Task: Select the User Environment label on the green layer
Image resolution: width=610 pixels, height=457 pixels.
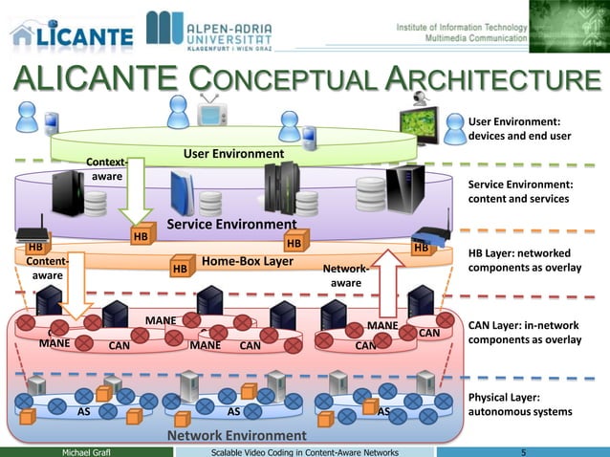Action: pos(233,153)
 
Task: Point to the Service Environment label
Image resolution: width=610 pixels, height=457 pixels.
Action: pos(231,225)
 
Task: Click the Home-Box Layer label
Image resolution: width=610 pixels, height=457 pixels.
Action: pos(248,261)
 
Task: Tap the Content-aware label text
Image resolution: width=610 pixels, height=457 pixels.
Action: pos(47,268)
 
